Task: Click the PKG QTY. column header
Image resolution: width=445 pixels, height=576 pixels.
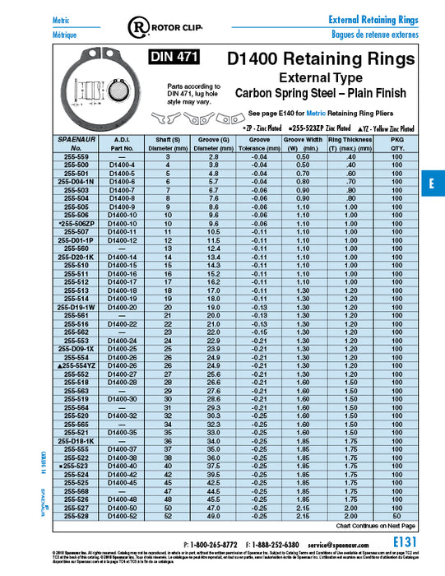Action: (x=398, y=145)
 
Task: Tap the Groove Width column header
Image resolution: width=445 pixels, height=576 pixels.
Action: (x=303, y=145)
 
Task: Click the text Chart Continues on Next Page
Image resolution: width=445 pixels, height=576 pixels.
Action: (x=376, y=525)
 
